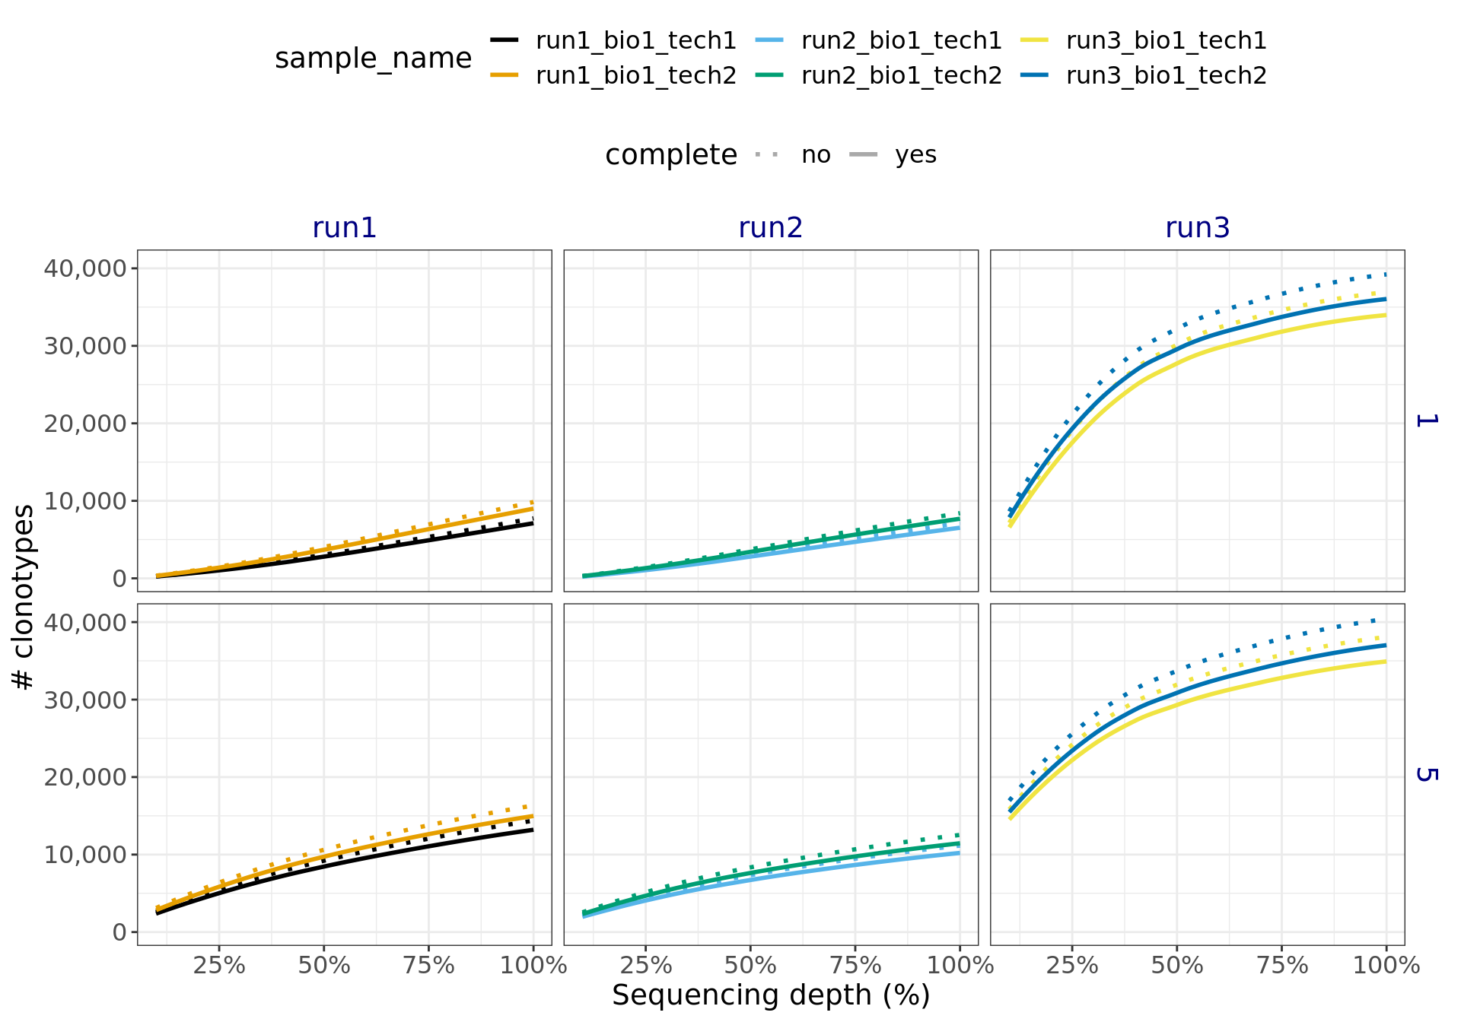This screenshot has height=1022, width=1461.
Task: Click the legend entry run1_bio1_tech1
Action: coord(635,40)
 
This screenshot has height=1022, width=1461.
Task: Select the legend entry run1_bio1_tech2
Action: coord(635,76)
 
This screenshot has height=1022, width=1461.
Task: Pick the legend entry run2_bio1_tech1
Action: coord(901,40)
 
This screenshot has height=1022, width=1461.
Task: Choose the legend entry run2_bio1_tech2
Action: coord(901,76)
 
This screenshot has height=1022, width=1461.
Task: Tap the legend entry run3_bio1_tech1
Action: coord(1166,40)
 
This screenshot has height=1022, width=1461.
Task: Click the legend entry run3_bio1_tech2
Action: coord(1166,76)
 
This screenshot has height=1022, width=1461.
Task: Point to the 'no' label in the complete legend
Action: coord(816,155)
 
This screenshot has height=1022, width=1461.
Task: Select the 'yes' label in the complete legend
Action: coord(915,155)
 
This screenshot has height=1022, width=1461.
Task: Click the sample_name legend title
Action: coord(373,59)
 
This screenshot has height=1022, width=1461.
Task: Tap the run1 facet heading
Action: coord(344,228)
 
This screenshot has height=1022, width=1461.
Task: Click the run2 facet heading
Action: coord(770,228)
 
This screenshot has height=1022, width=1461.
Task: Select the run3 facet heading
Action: coord(1197,228)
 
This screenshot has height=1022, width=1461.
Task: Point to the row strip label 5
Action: coord(1425,774)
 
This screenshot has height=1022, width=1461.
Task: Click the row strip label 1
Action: coord(1425,420)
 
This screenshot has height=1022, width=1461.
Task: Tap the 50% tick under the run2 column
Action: coord(750,966)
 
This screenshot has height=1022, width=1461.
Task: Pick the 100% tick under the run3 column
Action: coord(1386,966)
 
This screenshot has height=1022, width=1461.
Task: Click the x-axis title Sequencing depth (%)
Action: coord(770,995)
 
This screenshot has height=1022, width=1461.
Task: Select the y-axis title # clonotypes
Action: coord(24,597)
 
